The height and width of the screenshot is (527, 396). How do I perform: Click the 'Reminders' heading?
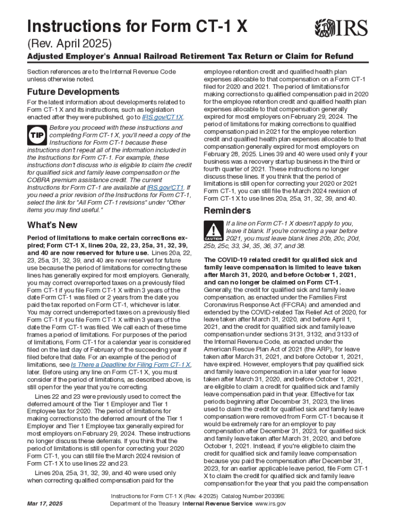click(x=227, y=210)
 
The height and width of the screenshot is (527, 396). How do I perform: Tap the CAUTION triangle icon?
click(x=212, y=231)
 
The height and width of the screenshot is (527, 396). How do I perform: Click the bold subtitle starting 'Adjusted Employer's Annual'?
click(x=190, y=56)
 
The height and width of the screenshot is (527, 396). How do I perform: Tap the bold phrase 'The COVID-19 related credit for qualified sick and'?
click(x=280, y=260)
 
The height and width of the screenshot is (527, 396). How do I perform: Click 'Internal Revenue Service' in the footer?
click(x=215, y=504)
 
